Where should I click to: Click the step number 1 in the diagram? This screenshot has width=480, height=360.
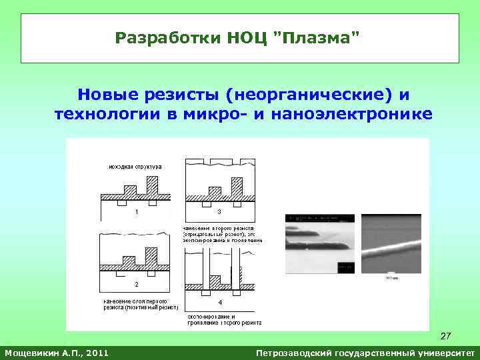coord(137,212)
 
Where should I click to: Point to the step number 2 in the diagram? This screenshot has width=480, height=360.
coord(137,284)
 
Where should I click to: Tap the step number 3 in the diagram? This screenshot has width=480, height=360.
coord(219,212)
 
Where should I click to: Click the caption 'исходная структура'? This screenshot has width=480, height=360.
coord(134,166)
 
